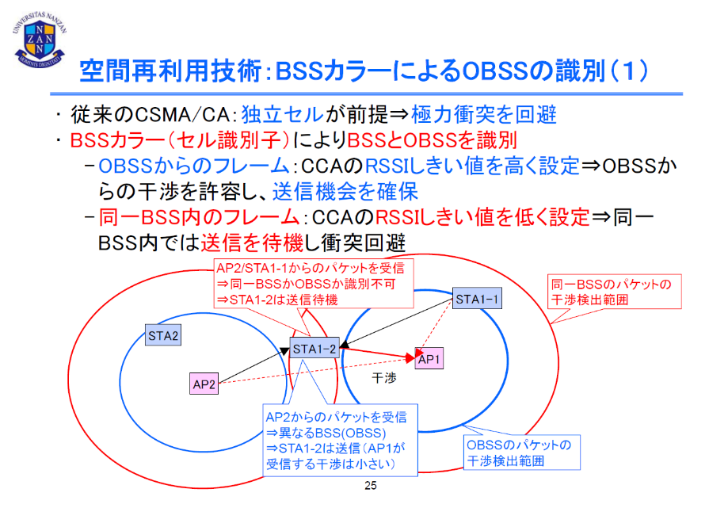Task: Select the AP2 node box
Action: click(x=204, y=384)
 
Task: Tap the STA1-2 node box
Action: click(x=315, y=347)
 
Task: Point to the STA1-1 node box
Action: click(x=478, y=300)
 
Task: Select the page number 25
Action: click(x=369, y=485)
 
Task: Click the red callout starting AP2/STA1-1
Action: click(x=314, y=284)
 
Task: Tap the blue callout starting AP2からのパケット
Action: click(x=341, y=441)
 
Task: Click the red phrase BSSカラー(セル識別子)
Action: click(x=181, y=141)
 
